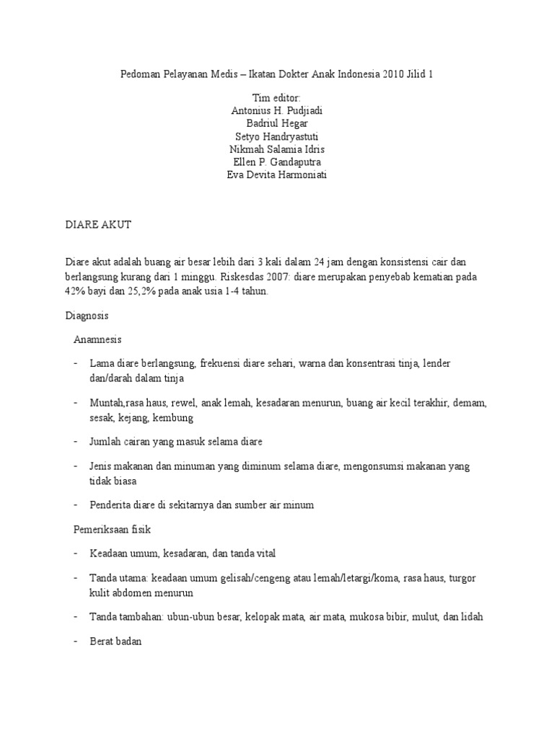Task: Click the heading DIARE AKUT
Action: [x=98, y=226]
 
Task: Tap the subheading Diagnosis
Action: [x=87, y=316]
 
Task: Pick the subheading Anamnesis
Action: [x=98, y=339]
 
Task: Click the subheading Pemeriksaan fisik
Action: [x=110, y=529]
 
